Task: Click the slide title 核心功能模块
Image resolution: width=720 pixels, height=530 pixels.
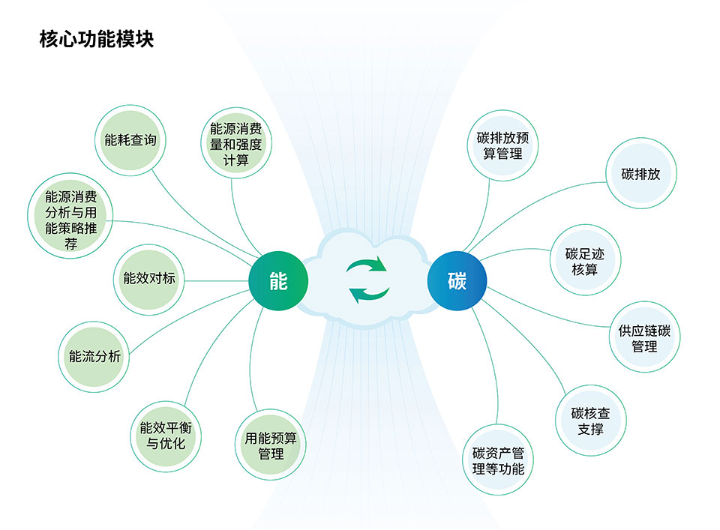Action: (x=97, y=39)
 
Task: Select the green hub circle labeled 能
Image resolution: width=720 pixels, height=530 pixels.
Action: (x=278, y=281)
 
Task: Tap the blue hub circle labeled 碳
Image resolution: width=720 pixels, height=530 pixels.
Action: (x=457, y=281)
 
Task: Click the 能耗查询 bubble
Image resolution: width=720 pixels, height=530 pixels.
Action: (x=134, y=139)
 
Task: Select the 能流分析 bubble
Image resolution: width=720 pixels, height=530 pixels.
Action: (x=94, y=357)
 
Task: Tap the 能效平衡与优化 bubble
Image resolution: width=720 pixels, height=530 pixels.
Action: (x=166, y=436)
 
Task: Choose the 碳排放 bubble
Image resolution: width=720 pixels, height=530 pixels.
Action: (x=640, y=175)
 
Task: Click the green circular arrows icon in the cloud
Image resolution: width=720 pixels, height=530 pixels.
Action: (x=367, y=280)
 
